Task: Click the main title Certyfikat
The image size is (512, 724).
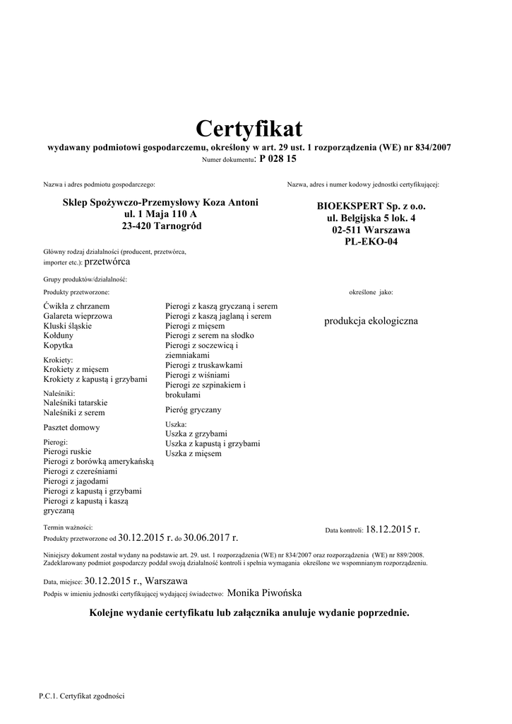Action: click(x=249, y=129)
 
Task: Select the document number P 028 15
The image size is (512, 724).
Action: click(x=278, y=159)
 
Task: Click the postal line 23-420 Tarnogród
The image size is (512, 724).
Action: click(x=162, y=226)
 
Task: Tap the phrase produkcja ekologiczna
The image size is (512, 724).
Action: click(x=371, y=321)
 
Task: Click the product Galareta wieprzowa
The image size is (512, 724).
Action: click(x=78, y=316)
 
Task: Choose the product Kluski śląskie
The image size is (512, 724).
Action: click(x=67, y=326)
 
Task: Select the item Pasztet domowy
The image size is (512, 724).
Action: click(x=71, y=427)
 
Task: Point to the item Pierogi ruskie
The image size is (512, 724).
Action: click(x=67, y=450)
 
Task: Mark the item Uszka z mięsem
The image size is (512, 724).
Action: click(x=193, y=453)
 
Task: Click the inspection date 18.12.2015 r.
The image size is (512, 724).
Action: click(x=393, y=529)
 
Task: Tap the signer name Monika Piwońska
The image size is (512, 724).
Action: click(x=269, y=593)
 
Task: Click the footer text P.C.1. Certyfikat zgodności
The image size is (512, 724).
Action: click(x=82, y=696)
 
